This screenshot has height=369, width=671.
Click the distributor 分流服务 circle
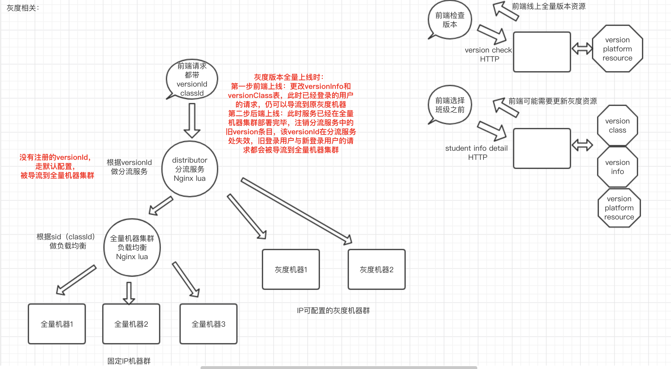(190, 169)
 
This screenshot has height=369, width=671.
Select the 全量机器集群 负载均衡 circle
(132, 247)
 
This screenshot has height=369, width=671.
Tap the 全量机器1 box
(57, 324)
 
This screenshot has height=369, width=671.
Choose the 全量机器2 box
(131, 324)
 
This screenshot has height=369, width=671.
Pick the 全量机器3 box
(209, 324)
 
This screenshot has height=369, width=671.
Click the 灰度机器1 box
(291, 269)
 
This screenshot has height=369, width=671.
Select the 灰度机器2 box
(377, 269)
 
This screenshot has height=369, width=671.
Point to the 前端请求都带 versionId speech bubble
(192, 79)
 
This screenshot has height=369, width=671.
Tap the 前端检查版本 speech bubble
(450, 20)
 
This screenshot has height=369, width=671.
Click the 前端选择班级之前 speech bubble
(450, 105)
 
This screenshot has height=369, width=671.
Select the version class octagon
(618, 125)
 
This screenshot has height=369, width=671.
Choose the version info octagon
(618, 167)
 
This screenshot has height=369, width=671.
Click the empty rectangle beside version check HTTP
(542, 52)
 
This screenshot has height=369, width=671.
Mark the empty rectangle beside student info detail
(542, 148)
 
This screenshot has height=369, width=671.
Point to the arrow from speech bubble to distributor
(192, 120)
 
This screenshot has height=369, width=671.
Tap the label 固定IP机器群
(129, 361)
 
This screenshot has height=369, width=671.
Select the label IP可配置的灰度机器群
(333, 311)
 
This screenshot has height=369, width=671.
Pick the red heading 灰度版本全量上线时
(289, 77)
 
